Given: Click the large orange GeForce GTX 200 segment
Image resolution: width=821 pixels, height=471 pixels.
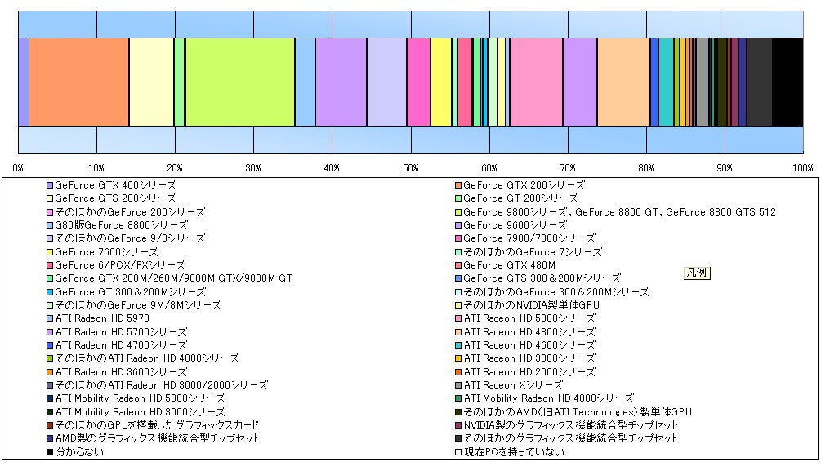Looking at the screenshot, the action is click(79, 82).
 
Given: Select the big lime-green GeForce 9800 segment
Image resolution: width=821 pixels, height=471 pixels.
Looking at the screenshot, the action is click(240, 82).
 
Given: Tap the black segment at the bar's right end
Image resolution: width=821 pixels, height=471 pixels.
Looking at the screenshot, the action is click(788, 82).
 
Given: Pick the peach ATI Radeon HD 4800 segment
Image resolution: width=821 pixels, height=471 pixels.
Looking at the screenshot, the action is click(623, 82).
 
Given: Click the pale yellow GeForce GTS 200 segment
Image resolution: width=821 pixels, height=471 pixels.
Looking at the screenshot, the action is click(151, 82).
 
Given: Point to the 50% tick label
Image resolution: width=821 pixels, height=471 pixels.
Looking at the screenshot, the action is click(410, 168).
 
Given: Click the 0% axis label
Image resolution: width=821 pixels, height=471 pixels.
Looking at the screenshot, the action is click(18, 168).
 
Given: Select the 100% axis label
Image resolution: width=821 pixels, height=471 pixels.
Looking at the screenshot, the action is click(803, 168).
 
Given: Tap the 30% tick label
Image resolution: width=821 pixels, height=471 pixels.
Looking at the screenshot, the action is click(253, 168).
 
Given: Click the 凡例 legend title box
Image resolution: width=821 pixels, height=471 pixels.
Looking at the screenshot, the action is click(697, 273).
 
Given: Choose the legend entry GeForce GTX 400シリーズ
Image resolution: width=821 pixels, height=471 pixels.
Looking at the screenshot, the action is click(112, 185).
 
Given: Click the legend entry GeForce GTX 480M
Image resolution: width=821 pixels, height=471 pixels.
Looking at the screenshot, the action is click(506, 265).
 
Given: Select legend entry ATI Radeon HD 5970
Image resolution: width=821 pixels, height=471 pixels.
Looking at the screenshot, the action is click(98, 318).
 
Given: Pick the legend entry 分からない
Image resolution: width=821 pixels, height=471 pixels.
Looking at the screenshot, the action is click(75, 451).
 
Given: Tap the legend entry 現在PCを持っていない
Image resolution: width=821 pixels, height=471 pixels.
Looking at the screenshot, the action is click(510, 451).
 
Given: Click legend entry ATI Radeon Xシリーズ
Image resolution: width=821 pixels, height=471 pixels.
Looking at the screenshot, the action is click(509, 385).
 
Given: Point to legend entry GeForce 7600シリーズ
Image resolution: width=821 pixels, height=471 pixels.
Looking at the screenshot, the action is click(103, 251).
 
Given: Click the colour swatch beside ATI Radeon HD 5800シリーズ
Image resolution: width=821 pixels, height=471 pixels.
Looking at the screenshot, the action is click(458, 318).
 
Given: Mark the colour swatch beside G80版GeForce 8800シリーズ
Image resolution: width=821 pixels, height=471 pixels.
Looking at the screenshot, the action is click(50, 225).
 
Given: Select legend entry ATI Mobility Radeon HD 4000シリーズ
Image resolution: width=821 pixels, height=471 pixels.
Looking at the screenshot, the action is click(545, 398).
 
